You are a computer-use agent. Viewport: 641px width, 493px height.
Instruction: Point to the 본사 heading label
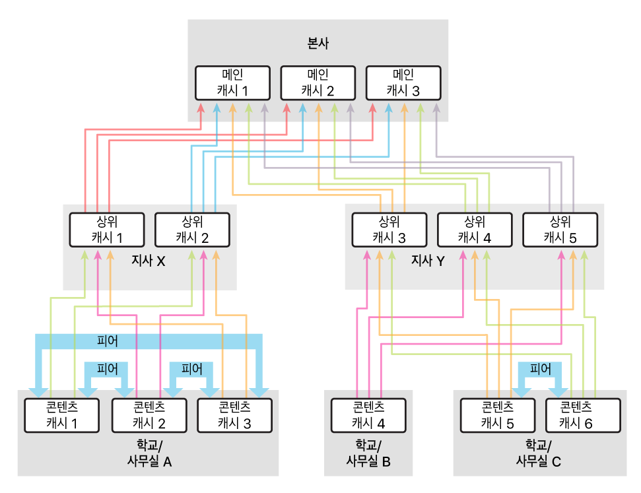click(318, 45)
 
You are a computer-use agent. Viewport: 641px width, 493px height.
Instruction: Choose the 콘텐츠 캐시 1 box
click(61, 414)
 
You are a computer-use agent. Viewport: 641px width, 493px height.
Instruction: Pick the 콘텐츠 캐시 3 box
click(234, 414)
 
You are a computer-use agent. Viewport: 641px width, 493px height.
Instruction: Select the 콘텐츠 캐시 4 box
click(368, 414)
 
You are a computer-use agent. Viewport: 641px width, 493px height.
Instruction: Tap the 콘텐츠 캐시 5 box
click(497, 414)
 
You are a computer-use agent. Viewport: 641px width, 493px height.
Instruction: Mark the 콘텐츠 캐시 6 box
click(583, 414)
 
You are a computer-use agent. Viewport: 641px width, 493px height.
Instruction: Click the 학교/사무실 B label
click(368, 453)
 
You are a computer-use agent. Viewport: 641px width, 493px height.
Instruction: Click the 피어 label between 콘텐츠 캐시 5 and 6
click(541, 369)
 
